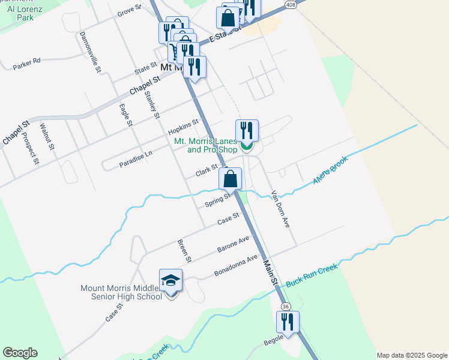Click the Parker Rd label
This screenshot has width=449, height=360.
point(26,61)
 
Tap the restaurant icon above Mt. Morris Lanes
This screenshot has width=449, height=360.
point(247,130)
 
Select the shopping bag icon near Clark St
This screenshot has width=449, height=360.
point(230,178)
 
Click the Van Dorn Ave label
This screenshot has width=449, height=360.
point(281,209)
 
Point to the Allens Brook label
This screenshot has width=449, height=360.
point(330,172)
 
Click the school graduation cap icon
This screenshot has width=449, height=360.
point(170,280)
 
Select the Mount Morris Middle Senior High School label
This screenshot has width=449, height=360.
point(121,292)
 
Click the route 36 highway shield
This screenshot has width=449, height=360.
point(286,306)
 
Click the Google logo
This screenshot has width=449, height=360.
point(20,353)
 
